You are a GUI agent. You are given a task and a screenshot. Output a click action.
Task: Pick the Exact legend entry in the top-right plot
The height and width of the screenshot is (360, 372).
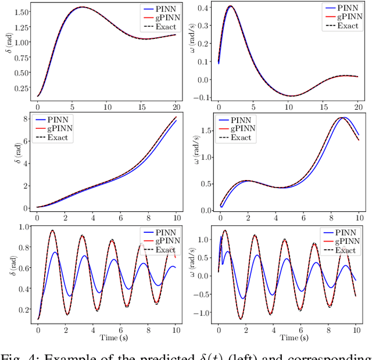pyautogui.click(x=348, y=26)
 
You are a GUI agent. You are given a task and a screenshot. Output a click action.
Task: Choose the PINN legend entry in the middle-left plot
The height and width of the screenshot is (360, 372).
pyautogui.click(x=57, y=120)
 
